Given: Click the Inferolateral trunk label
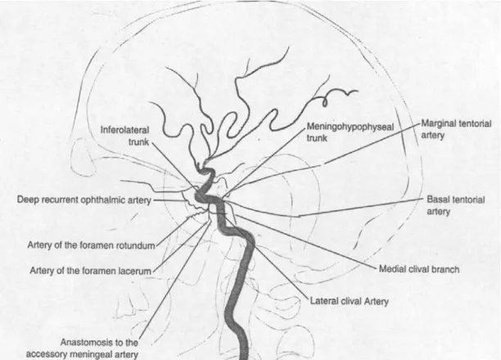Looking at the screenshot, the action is coord(124,136).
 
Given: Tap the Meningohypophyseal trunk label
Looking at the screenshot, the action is coord(350,133).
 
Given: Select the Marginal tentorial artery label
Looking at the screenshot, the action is coord(456,129).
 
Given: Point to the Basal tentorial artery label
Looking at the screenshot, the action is coord(456,205).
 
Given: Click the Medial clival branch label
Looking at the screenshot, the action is coord(419,269).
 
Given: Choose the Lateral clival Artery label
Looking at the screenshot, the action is coord(350,301).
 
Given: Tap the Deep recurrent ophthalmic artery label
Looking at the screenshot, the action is coord(84,200).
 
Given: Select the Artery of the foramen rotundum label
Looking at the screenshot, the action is coord(91,245).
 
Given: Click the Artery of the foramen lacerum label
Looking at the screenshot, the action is coord(90,271).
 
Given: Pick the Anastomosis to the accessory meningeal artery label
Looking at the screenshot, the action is coord(82,349).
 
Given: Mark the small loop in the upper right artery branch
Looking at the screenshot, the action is coord(325,102).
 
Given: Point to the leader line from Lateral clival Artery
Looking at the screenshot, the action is coord(267,259).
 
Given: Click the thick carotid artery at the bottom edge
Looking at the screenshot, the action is coord(244,354).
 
